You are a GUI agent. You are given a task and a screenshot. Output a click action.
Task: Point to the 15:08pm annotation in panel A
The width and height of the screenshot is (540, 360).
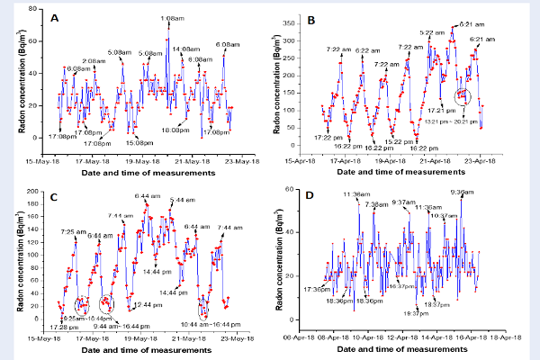138,142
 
